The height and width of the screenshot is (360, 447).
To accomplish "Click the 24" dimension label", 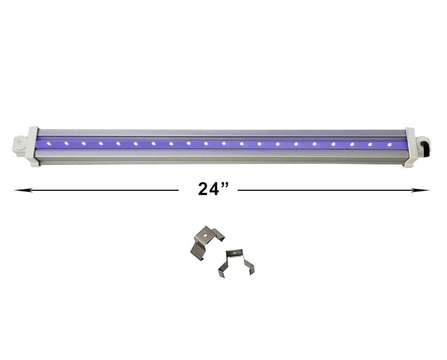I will [x=213, y=189].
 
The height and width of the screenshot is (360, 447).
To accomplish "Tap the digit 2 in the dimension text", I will [x=204, y=189].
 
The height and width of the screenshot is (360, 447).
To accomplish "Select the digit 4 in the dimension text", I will [x=216, y=189].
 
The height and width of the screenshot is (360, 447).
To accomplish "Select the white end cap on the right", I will [x=411, y=148].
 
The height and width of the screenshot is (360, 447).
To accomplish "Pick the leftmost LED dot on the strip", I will [x=49, y=143].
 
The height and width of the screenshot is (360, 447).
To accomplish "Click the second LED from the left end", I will [x=66, y=143].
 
